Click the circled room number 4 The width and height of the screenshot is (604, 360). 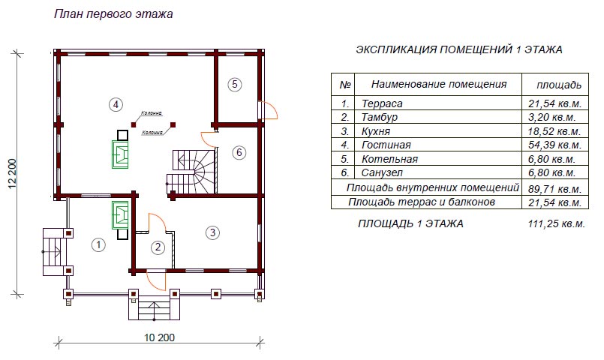pyautogui.click(x=116, y=104)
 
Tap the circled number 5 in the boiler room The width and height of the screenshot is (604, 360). pyautogui.click(x=235, y=84)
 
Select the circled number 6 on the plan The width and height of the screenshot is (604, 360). pyautogui.click(x=239, y=152)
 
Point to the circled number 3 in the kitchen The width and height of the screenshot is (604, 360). pyautogui.click(x=212, y=232)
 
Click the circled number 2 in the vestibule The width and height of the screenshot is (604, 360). pyautogui.click(x=158, y=247)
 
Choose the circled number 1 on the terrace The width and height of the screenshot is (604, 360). pyautogui.click(x=98, y=244)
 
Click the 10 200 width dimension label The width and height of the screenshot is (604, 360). pyautogui.click(x=160, y=337)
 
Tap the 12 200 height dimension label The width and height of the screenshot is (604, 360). pyautogui.click(x=13, y=174)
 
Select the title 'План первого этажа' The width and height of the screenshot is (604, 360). pyautogui.click(x=113, y=14)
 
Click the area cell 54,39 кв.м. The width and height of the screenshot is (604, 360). pyautogui.click(x=554, y=145)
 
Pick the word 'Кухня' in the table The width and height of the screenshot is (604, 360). pyautogui.click(x=376, y=131)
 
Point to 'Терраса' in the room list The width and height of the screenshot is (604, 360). pyautogui.click(x=382, y=103)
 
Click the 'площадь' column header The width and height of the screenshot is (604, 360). pyautogui.click(x=559, y=85)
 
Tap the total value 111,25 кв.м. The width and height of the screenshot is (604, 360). pyautogui.click(x=557, y=223)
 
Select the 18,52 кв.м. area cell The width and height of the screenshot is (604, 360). pyautogui.click(x=554, y=131)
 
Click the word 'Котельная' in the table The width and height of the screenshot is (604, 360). pyautogui.click(x=389, y=159)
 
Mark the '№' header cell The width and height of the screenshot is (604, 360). pyautogui.click(x=344, y=85)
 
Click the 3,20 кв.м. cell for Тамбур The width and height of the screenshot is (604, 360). pyautogui.click(x=552, y=117)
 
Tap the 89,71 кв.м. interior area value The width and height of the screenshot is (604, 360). pyautogui.click(x=554, y=190)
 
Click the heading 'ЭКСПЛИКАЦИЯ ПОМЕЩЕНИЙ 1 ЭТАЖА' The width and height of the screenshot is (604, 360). pyautogui.click(x=459, y=49)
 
